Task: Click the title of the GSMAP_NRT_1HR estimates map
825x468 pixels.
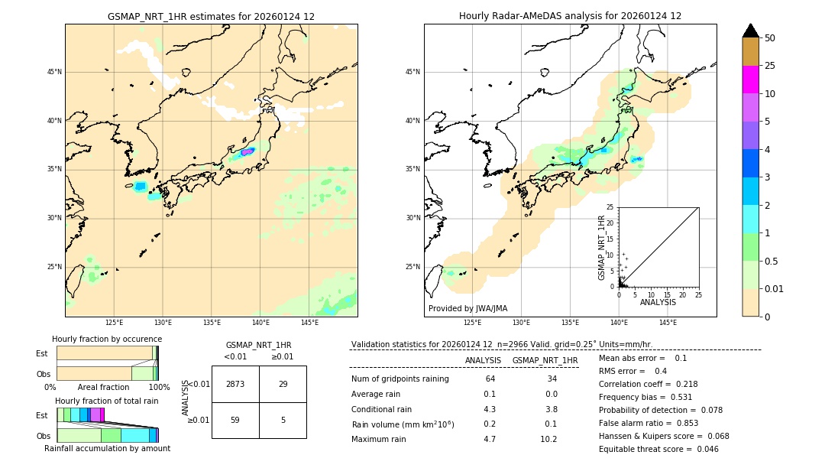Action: click(x=211, y=16)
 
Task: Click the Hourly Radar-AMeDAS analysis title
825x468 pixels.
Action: click(x=570, y=16)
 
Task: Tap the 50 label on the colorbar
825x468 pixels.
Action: click(x=771, y=37)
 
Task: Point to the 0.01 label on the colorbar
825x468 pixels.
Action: click(x=774, y=288)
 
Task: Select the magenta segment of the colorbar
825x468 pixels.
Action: click(x=750, y=80)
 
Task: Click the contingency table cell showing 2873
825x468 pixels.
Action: click(x=235, y=384)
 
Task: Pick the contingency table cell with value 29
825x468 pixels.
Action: click(x=283, y=384)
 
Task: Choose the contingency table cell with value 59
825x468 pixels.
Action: click(x=235, y=419)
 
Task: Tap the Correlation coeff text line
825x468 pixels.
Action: click(x=649, y=384)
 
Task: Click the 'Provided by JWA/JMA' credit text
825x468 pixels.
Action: click(x=467, y=308)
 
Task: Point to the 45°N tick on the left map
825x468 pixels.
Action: click(x=54, y=72)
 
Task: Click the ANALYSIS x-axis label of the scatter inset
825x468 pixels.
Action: click(x=658, y=302)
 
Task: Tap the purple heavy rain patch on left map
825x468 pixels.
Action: click(x=247, y=151)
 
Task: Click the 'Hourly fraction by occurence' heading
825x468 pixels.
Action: click(x=107, y=339)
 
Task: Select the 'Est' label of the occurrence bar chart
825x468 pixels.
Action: click(x=42, y=353)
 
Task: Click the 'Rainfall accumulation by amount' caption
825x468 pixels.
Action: click(x=107, y=448)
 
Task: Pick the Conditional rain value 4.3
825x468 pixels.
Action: click(x=490, y=409)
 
